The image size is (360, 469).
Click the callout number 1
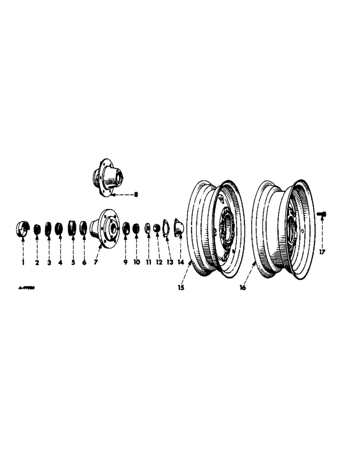22,263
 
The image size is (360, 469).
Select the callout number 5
73,263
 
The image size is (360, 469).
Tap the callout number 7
96,263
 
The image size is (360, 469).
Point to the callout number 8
135,194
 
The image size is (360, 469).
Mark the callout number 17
322,252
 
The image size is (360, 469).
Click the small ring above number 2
37,229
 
